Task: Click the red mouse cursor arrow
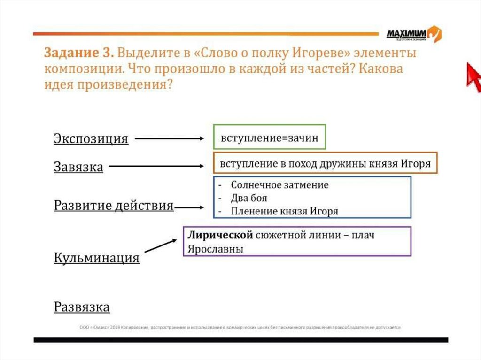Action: click(473, 75)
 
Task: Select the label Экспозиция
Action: click(91, 139)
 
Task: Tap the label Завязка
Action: click(78, 167)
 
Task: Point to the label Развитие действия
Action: click(114, 206)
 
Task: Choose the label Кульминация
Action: click(97, 258)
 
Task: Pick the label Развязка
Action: click(82, 307)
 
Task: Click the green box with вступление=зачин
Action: click(269, 137)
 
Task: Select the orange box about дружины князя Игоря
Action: click(325, 163)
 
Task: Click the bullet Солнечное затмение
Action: click(279, 184)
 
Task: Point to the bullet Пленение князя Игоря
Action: click(284, 211)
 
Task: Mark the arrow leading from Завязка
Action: click(156, 166)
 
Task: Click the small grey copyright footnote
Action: click(240, 327)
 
